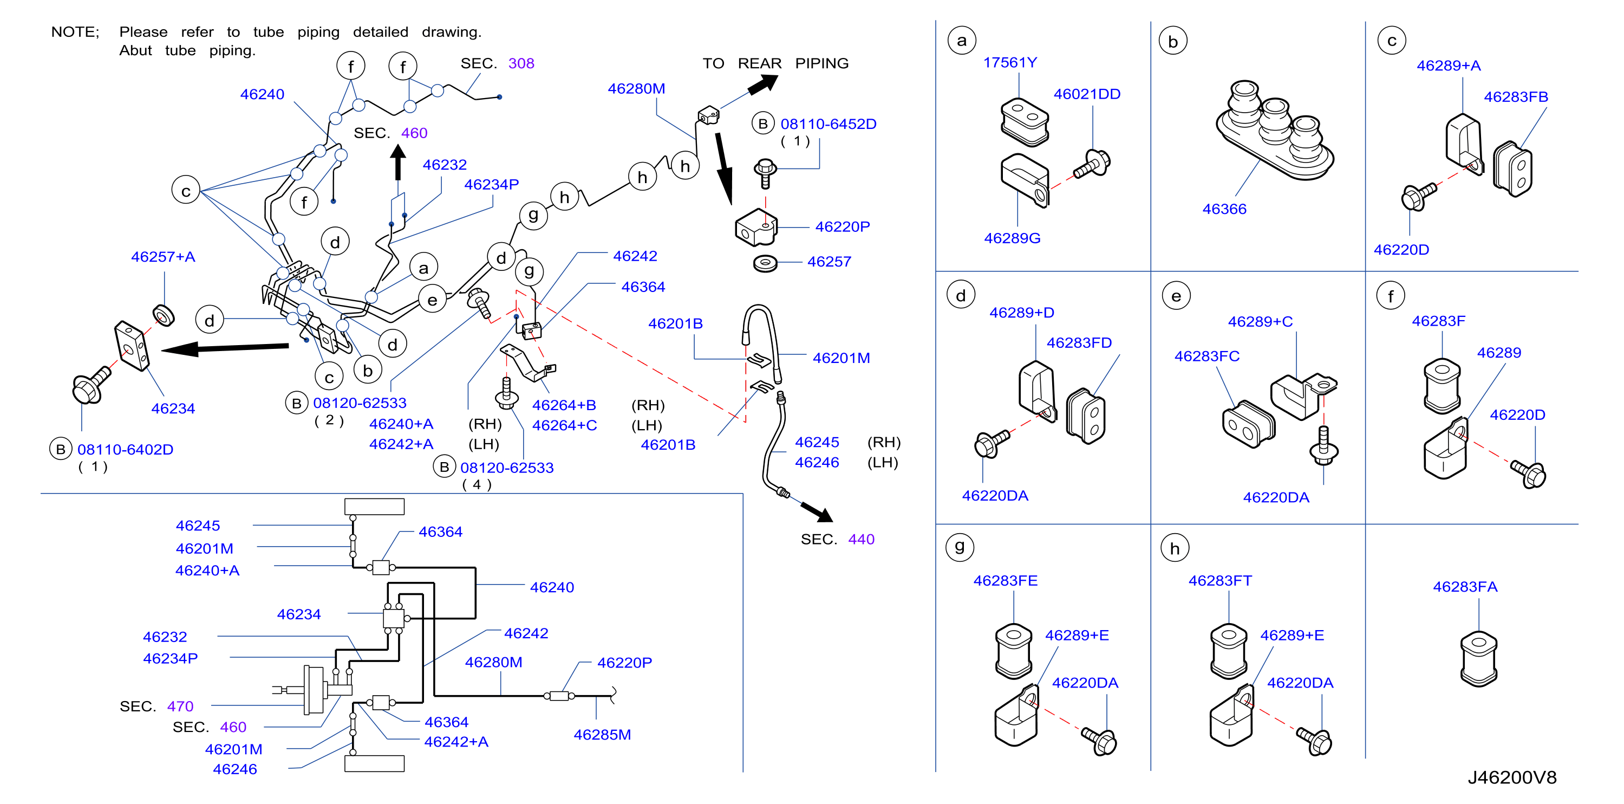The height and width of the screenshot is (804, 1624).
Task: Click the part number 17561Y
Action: click(x=1010, y=62)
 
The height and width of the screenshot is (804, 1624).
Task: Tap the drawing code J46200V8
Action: click(x=1512, y=777)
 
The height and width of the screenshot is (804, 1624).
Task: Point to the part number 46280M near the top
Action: click(x=636, y=88)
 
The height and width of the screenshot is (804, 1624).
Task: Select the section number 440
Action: click(x=861, y=539)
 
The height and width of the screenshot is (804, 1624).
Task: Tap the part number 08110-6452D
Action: click(x=829, y=124)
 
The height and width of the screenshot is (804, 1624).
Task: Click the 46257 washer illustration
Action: click(x=765, y=262)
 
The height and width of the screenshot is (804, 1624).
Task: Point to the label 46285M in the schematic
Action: click(x=602, y=735)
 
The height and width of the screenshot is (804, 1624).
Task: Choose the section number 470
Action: click(x=180, y=706)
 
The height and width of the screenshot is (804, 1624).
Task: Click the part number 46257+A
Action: click(x=164, y=257)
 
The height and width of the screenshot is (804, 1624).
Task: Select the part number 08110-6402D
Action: click(x=126, y=450)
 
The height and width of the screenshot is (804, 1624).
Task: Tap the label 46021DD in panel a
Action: click(x=1087, y=94)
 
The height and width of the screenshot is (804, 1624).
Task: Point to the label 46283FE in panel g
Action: click(x=1006, y=580)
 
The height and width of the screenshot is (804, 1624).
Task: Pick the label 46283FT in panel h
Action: click(x=1220, y=580)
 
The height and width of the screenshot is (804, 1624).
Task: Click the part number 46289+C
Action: click(x=1260, y=322)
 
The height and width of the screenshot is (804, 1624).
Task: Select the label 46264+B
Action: click(x=564, y=405)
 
